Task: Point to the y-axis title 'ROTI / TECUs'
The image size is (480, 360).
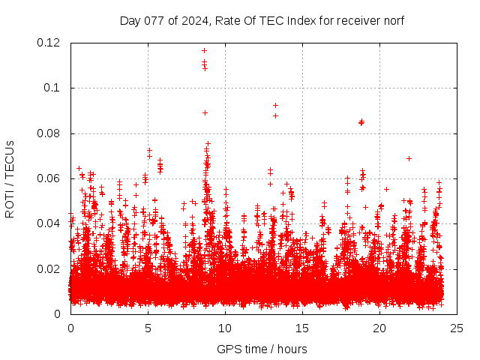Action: tap(10, 178)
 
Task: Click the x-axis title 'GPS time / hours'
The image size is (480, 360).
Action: tap(262, 349)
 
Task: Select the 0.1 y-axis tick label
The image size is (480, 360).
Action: tap(54, 88)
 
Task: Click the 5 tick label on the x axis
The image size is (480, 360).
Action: tap(148, 328)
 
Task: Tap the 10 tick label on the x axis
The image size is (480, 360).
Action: tap(225, 328)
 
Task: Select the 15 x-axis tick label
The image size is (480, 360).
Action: tap(302, 328)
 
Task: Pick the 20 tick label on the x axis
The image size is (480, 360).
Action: tap(379, 328)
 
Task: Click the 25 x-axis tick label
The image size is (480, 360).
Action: tap(457, 328)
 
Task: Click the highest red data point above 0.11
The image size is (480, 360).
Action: tap(204, 51)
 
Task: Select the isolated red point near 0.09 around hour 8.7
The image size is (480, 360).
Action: tap(205, 112)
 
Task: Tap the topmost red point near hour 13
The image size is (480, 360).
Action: tap(275, 105)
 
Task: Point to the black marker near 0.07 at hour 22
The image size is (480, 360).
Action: tap(409, 158)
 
